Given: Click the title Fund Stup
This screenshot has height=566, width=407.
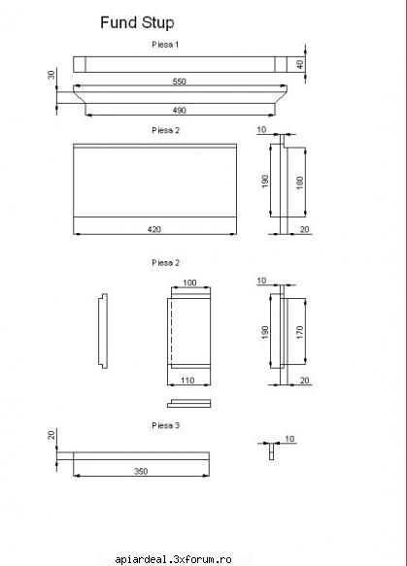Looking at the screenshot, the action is coord(137,22).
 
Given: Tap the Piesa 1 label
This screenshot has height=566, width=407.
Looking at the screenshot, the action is coord(165,45).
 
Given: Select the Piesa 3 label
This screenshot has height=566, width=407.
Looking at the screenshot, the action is coord(165,425).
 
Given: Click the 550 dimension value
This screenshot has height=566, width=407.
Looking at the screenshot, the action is coord(179,82).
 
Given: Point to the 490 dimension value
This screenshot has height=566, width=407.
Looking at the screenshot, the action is coord(179,110).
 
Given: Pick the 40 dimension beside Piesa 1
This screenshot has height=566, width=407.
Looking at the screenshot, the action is coord(300,64).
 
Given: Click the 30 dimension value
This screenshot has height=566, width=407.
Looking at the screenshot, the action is coord(51,75).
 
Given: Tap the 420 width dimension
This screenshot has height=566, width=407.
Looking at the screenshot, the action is coord(154,229).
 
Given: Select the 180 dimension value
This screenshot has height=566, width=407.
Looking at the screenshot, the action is coord(299,183).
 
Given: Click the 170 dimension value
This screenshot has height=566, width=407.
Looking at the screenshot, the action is coord(299,332).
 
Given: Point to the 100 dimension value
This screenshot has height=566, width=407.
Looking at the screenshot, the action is coord(189,283).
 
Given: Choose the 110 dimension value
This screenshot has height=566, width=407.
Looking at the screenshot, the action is coord(187,381).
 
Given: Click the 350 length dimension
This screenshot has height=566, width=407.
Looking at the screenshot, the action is coord(141,471).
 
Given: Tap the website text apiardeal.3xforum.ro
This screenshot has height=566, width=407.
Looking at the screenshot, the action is coord(173,559).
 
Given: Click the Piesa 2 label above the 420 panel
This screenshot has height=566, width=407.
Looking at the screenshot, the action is coord(165,130).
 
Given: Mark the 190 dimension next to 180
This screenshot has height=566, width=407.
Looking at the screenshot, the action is coord(265,182).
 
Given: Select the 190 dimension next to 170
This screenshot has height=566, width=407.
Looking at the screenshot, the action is coord(265,332).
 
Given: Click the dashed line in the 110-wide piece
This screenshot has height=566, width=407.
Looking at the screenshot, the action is coord(171,331).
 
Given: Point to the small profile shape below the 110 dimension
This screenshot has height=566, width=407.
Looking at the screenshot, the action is coord(188,403).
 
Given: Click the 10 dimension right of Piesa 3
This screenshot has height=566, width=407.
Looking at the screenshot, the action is coord(289,439).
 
